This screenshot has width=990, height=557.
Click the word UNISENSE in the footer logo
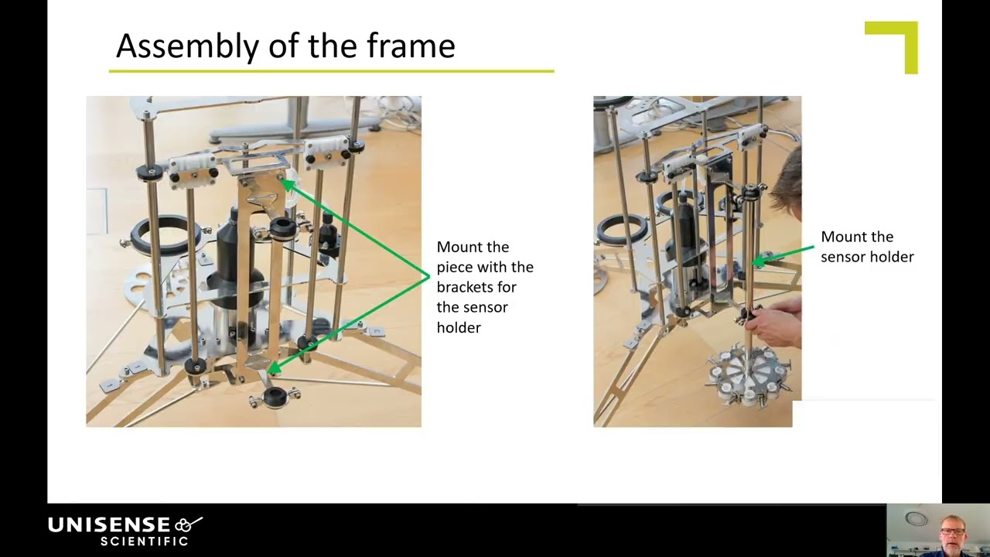coord(109,525)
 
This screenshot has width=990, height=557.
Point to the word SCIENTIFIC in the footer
coord(145,542)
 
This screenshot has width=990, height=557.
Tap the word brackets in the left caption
coord(476,287)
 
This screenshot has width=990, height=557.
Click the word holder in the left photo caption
coord(459,327)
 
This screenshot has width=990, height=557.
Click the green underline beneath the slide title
coord(332,71)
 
